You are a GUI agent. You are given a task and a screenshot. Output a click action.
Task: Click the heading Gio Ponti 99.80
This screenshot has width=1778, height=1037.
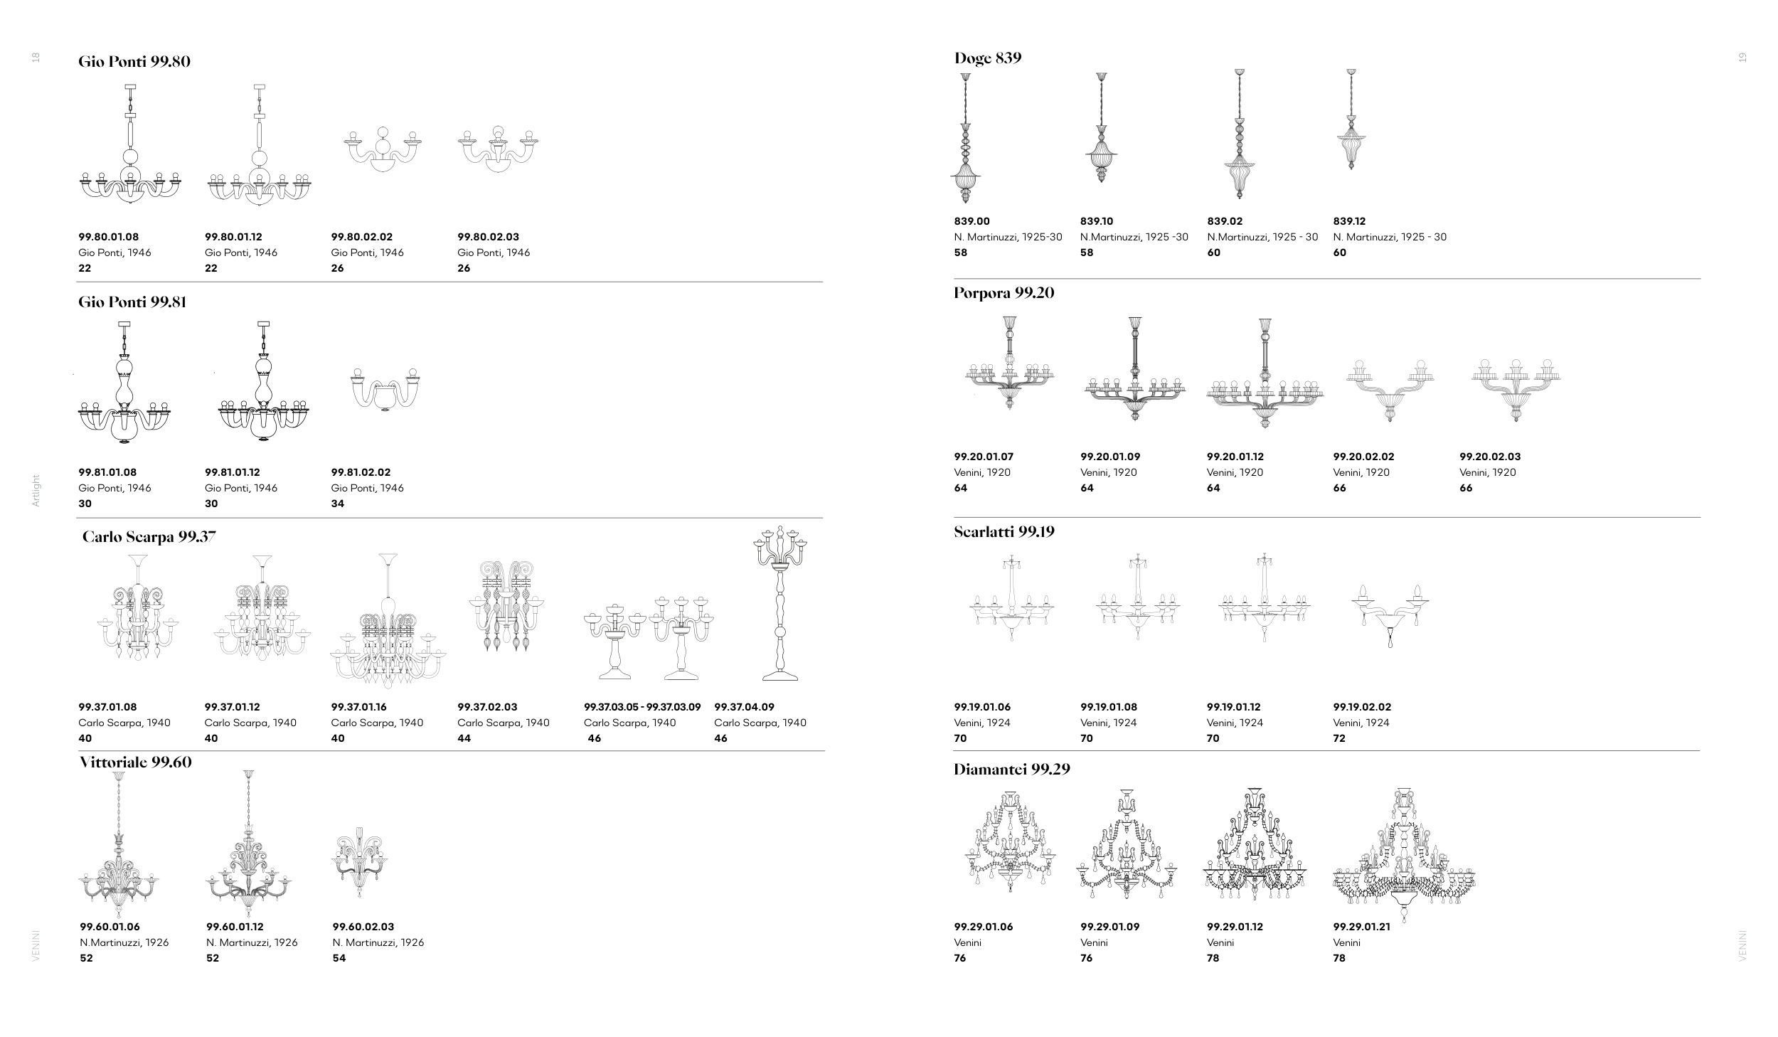134,62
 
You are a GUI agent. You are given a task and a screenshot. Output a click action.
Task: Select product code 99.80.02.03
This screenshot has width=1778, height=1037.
489,237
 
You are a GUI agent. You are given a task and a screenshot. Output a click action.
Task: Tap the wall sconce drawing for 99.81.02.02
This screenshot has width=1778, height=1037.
385,390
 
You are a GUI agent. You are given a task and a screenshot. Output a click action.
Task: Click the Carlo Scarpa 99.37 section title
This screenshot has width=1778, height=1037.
149,537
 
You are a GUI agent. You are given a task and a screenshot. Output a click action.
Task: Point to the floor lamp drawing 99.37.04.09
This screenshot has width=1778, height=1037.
780,604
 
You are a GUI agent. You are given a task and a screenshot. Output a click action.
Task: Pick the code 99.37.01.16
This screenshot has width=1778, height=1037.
362,707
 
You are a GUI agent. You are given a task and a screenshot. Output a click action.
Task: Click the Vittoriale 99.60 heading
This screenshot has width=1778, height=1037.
136,762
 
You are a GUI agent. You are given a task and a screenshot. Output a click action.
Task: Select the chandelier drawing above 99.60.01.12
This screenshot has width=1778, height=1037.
248,844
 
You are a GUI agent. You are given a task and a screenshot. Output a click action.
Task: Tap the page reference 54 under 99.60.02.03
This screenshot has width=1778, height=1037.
339,958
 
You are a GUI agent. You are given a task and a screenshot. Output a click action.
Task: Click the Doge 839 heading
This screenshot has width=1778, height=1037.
988,58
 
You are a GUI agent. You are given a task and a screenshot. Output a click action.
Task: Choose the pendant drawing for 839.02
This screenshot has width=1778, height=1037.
1240,134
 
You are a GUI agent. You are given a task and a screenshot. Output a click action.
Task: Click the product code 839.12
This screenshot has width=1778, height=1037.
1349,221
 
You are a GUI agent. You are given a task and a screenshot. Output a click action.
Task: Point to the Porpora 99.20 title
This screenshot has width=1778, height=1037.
1004,293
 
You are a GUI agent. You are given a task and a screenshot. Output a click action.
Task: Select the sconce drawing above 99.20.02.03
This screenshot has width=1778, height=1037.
1516,390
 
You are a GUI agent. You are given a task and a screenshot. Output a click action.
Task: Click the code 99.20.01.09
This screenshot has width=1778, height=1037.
1110,457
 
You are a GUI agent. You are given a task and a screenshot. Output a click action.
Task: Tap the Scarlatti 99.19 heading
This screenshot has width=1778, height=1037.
1004,532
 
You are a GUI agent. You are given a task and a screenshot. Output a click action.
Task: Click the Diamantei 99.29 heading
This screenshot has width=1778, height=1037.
1012,770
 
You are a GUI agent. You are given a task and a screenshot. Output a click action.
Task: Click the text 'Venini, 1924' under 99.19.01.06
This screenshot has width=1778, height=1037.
982,723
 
